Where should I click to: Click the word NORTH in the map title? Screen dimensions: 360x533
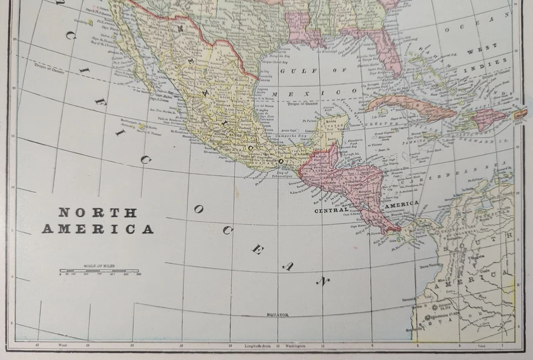[98, 212]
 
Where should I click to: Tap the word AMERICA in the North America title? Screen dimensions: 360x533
[98, 229]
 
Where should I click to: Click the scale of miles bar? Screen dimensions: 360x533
[100, 271]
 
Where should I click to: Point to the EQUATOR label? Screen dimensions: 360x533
[278, 314]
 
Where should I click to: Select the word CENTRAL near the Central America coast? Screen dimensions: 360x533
[331, 211]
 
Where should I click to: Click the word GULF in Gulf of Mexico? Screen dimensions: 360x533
[291, 71]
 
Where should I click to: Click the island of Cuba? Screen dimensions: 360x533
[411, 106]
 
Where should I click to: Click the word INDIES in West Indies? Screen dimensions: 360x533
[497, 62]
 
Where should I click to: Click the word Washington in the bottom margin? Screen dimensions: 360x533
[295, 346]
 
